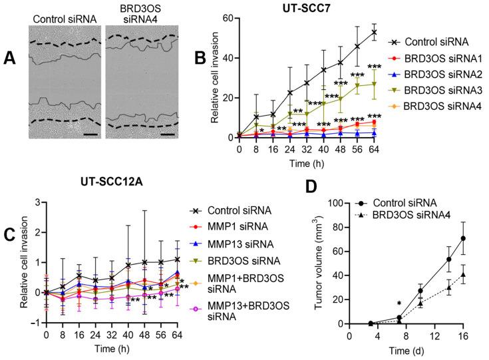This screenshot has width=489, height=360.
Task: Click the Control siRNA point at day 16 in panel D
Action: point(462,238)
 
